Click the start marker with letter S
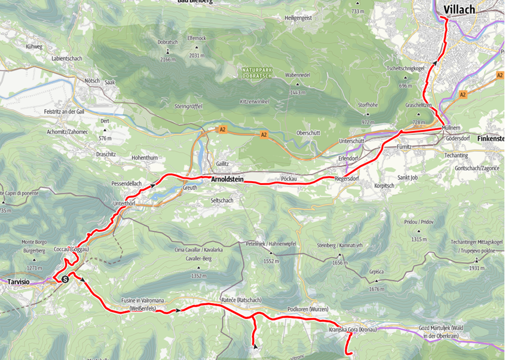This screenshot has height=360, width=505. click(x=65, y=278)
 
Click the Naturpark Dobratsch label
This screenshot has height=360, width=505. click(x=258, y=73)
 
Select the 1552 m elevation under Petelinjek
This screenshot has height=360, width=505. click(x=272, y=261)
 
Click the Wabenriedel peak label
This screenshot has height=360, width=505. click(x=297, y=75)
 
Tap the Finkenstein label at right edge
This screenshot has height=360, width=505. click(x=490, y=138)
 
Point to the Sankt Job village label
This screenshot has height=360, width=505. click(x=410, y=178)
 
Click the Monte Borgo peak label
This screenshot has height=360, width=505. click(x=35, y=241)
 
